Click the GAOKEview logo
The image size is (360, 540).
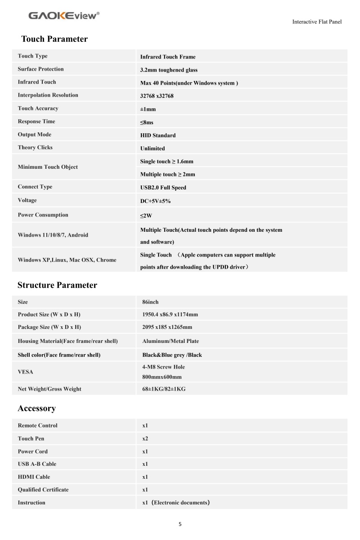click(x=64, y=16)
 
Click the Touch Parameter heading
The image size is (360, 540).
click(x=54, y=39)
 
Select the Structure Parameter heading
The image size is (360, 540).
click(x=57, y=285)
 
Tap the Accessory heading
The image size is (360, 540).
click(x=36, y=409)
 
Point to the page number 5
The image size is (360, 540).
click(x=180, y=524)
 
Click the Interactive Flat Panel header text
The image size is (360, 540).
click(x=317, y=22)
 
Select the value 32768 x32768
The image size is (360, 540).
click(x=157, y=96)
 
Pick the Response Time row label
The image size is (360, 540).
click(x=36, y=121)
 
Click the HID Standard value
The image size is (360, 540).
click(x=158, y=135)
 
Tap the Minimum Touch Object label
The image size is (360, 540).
click(x=48, y=167)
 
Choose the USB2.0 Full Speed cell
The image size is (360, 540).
click(x=163, y=188)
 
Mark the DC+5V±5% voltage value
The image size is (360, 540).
click(x=155, y=201)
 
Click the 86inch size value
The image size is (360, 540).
click(x=150, y=302)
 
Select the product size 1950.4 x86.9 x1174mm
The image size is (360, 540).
click(x=170, y=315)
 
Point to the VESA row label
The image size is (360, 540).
click(x=25, y=372)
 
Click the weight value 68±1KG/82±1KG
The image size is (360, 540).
click(x=164, y=389)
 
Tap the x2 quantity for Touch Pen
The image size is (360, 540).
click(x=145, y=439)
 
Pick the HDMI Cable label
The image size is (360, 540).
click(x=34, y=477)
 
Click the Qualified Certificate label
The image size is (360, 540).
click(x=43, y=490)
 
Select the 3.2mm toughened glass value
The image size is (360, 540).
click(x=169, y=70)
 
